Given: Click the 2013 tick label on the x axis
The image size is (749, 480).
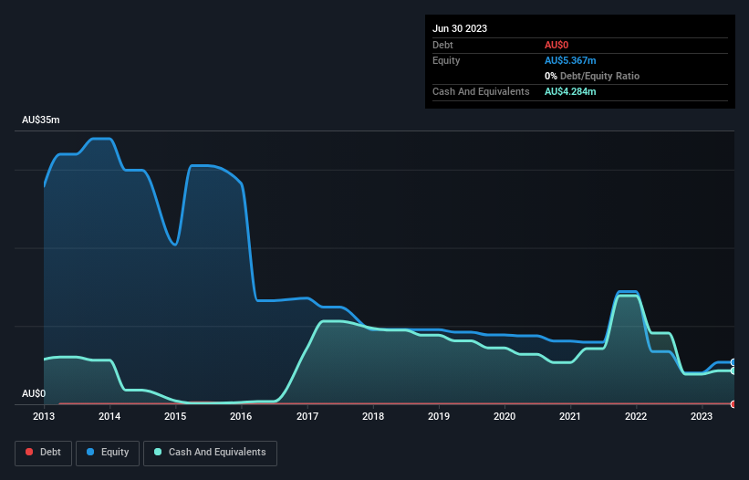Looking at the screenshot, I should point(44,416).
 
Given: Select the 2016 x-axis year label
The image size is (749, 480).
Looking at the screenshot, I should point(241,416).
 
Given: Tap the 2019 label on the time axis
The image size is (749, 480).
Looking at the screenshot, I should point(439,416).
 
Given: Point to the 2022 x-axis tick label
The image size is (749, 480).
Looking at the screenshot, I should point(636,416).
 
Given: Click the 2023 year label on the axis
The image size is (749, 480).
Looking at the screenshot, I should point(702,416).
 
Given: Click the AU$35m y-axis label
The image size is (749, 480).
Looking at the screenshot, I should point(40,120).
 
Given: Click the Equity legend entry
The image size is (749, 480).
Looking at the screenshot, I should point(108,452).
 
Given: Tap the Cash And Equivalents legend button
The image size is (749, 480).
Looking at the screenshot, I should point(210,452).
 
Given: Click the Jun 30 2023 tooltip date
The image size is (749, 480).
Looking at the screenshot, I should point(460,28).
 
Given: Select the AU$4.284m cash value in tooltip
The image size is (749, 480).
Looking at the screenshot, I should point(570,91).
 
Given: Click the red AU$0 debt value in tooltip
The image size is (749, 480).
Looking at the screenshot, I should point(557,45).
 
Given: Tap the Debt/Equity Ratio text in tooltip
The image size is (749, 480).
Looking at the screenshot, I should point(598,76).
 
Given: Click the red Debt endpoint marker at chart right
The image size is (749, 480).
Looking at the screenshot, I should point(733,403).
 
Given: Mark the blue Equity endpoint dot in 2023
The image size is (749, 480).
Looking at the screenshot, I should point(733,362).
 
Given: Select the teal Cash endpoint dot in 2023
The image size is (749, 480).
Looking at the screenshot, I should point(733,370).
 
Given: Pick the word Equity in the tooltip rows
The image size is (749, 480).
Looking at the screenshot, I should point(446,60).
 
